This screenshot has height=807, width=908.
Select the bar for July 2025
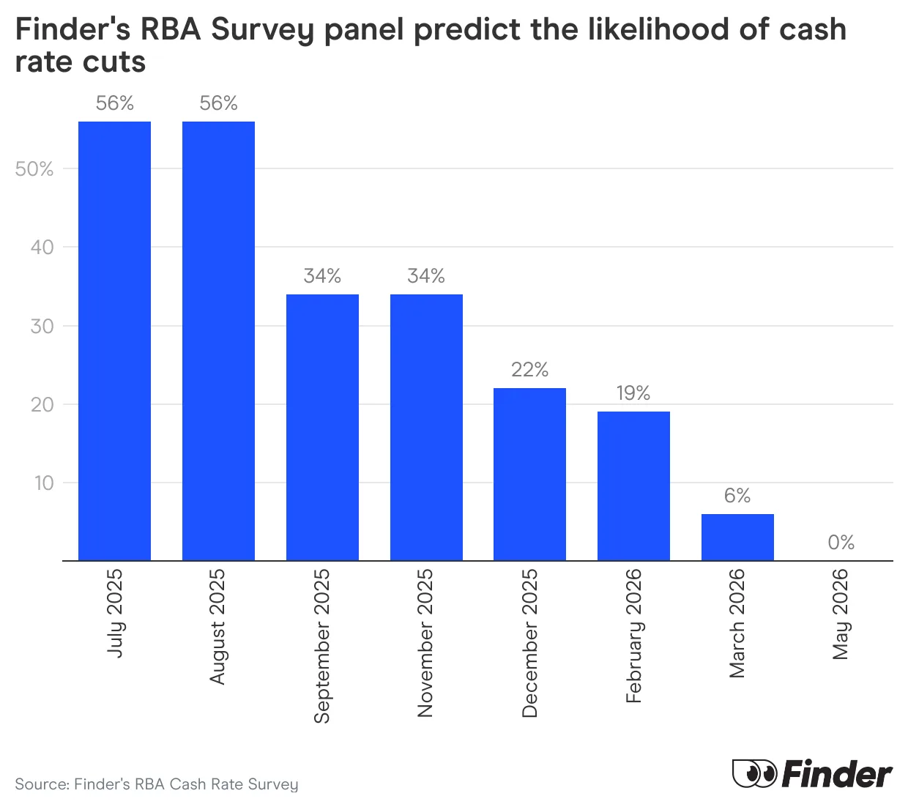click(114, 341)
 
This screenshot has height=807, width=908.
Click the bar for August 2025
click(218, 341)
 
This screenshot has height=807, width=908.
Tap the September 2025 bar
click(322, 427)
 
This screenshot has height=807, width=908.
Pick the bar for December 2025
click(529, 474)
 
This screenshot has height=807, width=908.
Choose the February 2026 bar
click(633, 486)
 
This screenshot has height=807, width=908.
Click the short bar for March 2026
click(737, 537)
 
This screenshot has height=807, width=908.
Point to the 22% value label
click(529, 370)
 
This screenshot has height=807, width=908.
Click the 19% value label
click(633, 393)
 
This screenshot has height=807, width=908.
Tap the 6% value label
click(737, 496)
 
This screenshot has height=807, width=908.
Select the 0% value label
click(841, 543)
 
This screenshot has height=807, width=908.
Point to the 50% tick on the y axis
click(34, 169)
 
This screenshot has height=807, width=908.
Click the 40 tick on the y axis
click(42, 248)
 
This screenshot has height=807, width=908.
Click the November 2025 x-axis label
click(425, 643)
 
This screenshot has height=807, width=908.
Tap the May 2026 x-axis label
click(841, 614)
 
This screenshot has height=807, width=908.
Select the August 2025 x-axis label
click(217, 627)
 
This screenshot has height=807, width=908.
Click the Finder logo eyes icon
click(754, 773)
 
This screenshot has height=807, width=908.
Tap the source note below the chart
click(157, 784)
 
